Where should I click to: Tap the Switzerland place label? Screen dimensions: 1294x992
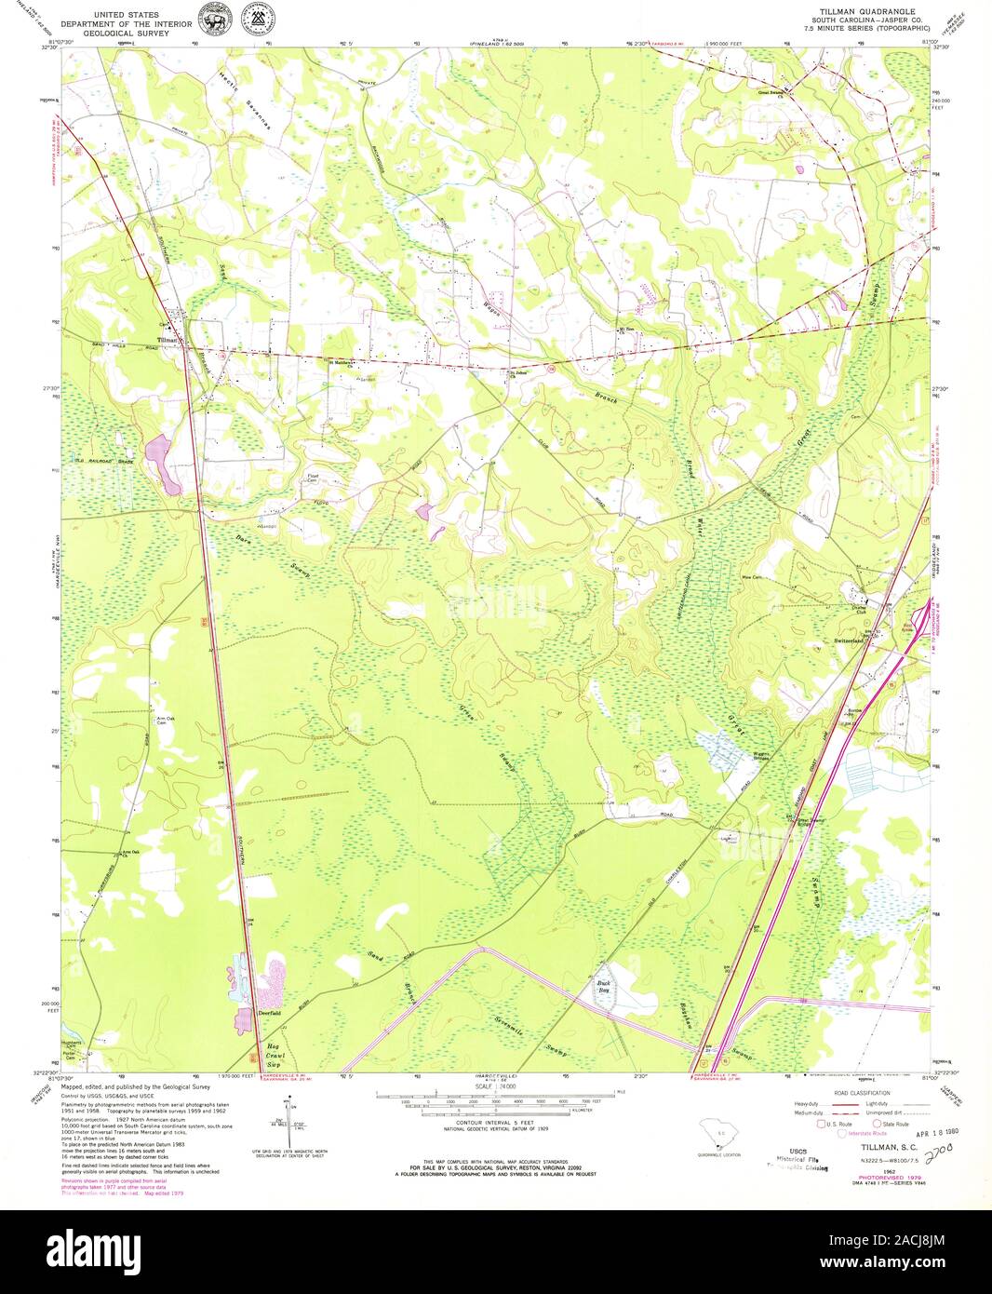[848, 641]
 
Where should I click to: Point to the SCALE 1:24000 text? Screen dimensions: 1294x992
[493, 1085]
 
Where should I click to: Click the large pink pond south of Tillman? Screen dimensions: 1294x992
[164, 462]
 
